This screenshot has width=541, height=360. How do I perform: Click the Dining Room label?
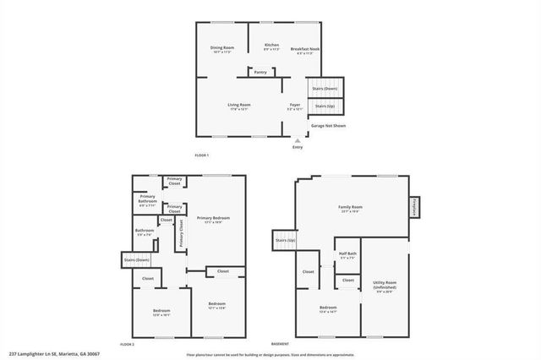pos(222,48)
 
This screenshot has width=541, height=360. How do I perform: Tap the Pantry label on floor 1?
pos(259,72)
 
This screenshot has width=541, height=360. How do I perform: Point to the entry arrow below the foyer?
pos(297,139)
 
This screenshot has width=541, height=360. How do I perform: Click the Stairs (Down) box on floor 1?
pos(325,87)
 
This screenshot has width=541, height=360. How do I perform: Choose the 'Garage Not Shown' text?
pos(328,125)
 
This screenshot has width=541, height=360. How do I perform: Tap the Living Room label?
pos(239,106)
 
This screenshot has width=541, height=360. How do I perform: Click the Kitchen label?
pos(271,46)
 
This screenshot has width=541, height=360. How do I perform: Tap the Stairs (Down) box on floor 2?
pos(137,260)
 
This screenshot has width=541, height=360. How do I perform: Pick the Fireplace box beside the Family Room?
pos(416,206)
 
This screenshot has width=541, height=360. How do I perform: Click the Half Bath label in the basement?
pos(347,255)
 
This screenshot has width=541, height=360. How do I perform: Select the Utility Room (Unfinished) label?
pos(385,287)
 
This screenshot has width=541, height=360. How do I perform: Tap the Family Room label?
pos(351,208)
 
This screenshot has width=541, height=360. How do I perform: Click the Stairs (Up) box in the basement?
pos(285,241)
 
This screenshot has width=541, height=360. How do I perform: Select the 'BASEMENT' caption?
pos(280,344)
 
